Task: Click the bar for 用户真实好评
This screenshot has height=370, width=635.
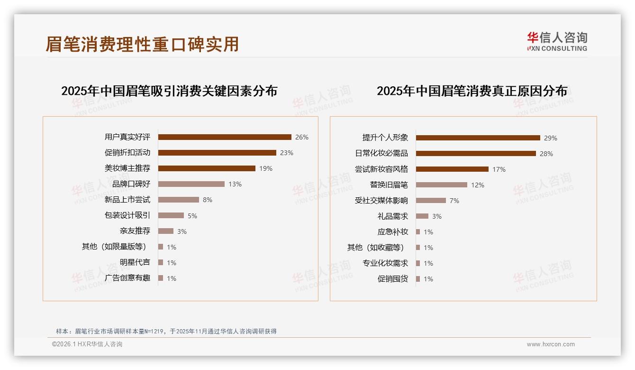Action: pos(225,137)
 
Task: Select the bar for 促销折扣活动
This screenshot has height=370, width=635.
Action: pos(217,153)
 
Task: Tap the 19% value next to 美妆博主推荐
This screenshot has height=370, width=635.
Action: pos(266,168)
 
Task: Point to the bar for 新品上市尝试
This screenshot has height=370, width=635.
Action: pos(179,200)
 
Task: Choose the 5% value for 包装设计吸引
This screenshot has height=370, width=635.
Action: pos(192,216)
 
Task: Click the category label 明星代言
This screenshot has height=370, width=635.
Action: pos(135,262)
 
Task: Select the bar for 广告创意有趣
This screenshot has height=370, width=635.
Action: pos(161,278)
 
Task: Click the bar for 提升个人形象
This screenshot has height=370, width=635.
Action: pos(478,138)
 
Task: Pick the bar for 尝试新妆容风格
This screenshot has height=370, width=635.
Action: pos(452,169)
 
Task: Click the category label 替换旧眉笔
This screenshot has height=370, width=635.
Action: pos(389,185)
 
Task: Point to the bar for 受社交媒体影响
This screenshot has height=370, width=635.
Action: pos(431,201)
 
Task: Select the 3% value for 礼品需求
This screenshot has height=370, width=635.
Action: pos(437,216)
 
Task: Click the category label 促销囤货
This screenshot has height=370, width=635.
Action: pos(393,279)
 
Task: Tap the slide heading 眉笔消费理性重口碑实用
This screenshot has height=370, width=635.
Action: pos(142,44)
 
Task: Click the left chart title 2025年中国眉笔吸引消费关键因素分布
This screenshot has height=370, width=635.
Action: pos(169,91)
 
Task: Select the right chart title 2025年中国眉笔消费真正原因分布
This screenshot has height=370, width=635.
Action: pos(472,91)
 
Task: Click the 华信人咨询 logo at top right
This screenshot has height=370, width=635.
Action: pos(557,41)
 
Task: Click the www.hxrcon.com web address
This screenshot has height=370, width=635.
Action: pos(551,344)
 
